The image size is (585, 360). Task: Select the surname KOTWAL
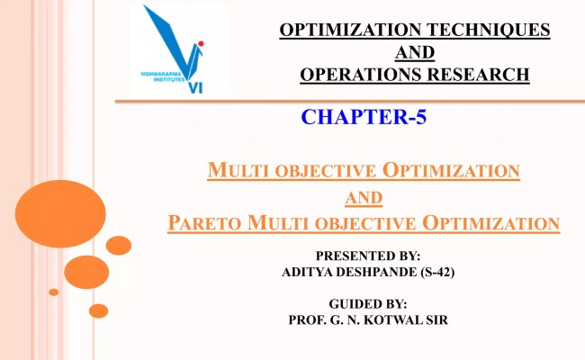(410, 319)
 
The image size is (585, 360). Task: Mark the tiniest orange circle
(54, 292)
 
